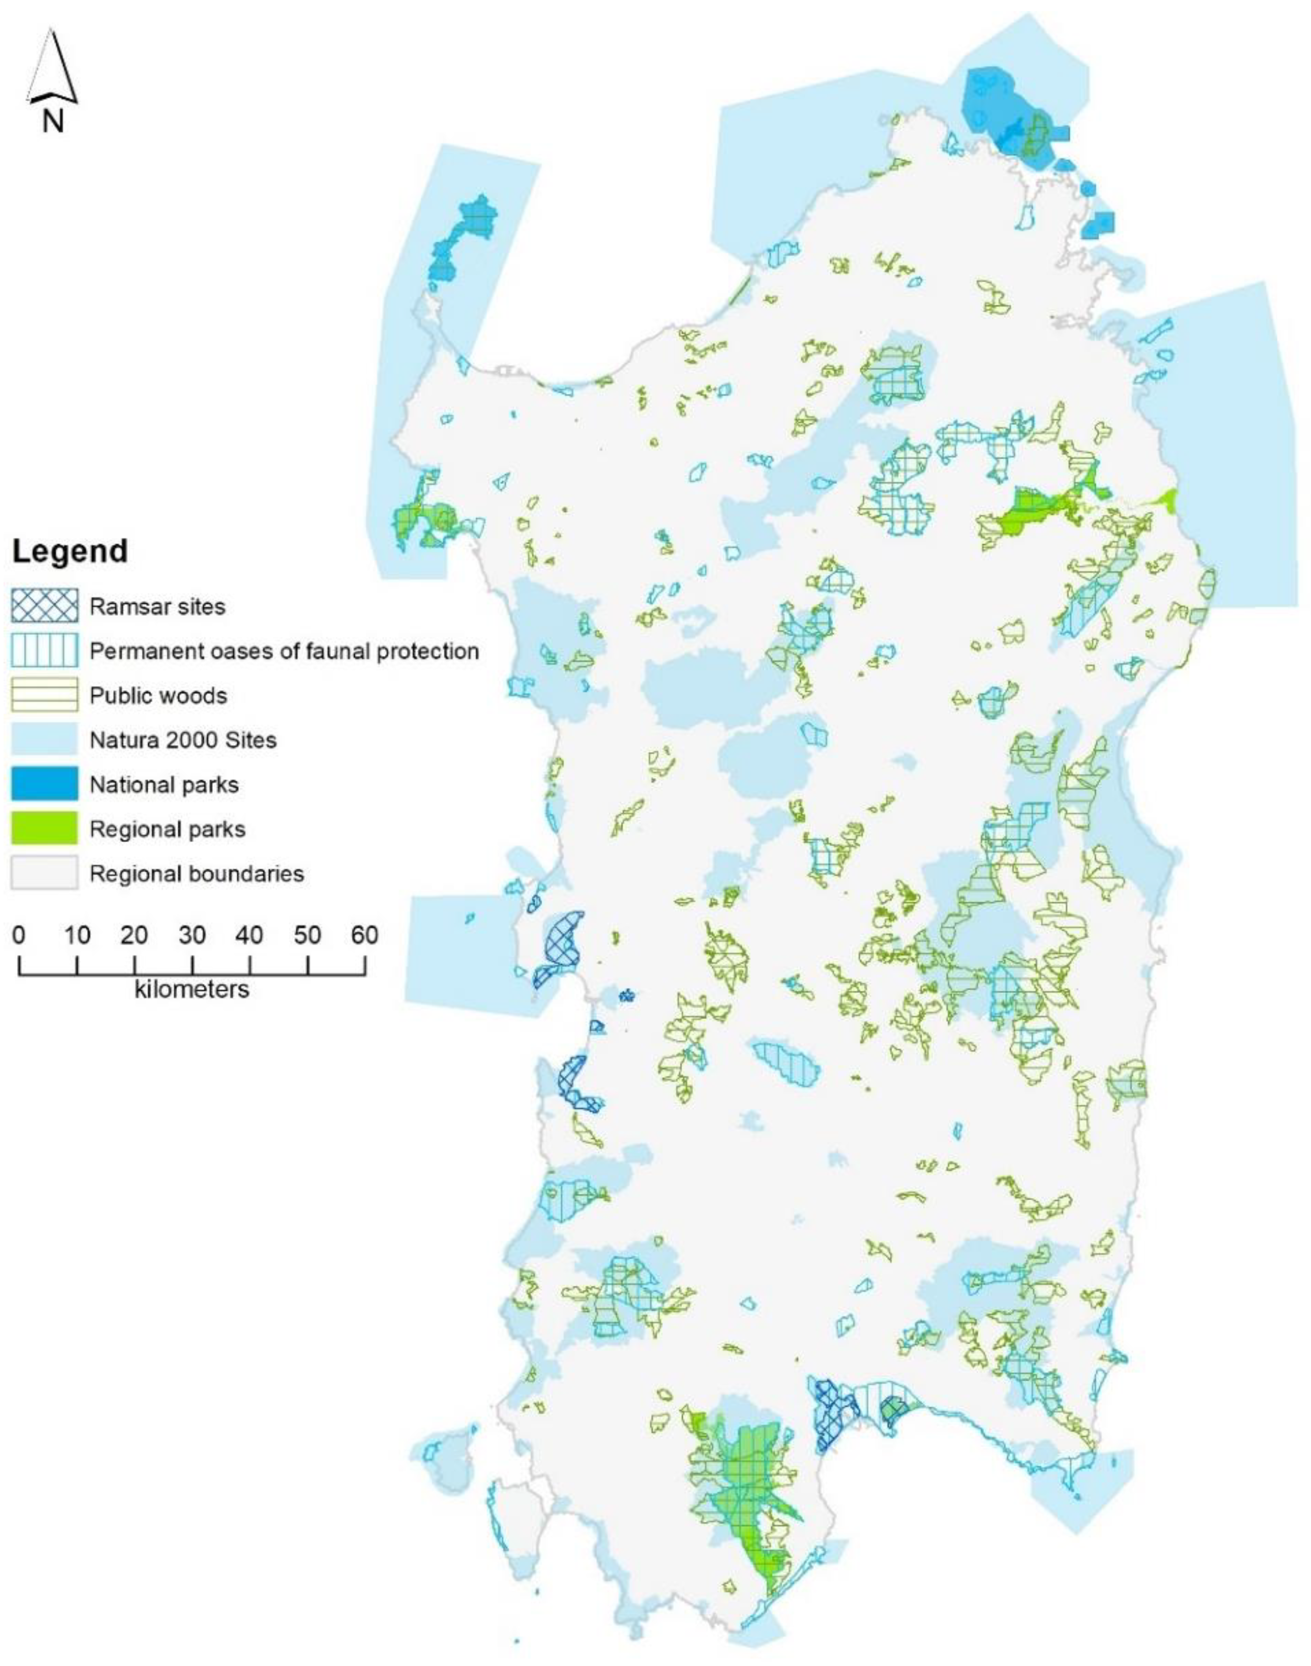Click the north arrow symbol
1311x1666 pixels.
coord(52,67)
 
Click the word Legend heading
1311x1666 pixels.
coord(70,552)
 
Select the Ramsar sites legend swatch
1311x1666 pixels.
coord(44,606)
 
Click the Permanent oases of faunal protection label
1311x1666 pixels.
coord(284,651)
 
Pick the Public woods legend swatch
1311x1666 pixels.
coord(44,695)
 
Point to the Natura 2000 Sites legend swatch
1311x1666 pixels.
coord(44,740)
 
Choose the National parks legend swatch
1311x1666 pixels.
coord(44,784)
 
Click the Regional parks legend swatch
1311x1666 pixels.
coord(44,829)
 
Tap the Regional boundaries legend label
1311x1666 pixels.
coord(197,873)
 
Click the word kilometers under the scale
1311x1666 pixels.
coord(192,989)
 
